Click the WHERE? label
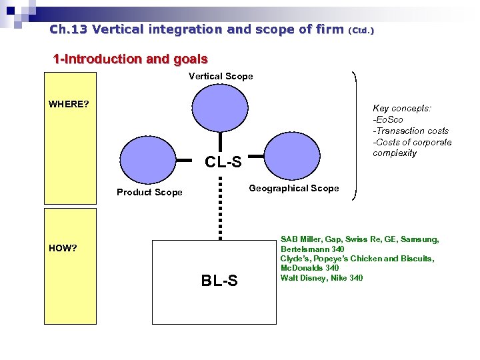pyautogui.click(x=69, y=104)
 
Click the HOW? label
pyautogui.click(x=63, y=248)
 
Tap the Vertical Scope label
pyautogui.click(x=221, y=76)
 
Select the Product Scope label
pyautogui.click(x=149, y=192)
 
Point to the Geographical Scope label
pyautogui.click(x=293, y=188)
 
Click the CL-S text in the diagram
pyautogui.click(x=223, y=161)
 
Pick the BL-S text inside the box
pyautogui.click(x=219, y=281)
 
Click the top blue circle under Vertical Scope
pyautogui.click(x=220, y=111)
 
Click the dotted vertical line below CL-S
pyautogui.click(x=220, y=207)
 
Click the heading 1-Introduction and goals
pyautogui.click(x=131, y=59)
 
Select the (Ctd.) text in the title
pyautogui.click(x=361, y=31)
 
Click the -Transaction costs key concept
pyautogui.click(x=411, y=131)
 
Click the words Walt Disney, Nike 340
pyautogui.click(x=321, y=278)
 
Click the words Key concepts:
pyautogui.click(x=402, y=108)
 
